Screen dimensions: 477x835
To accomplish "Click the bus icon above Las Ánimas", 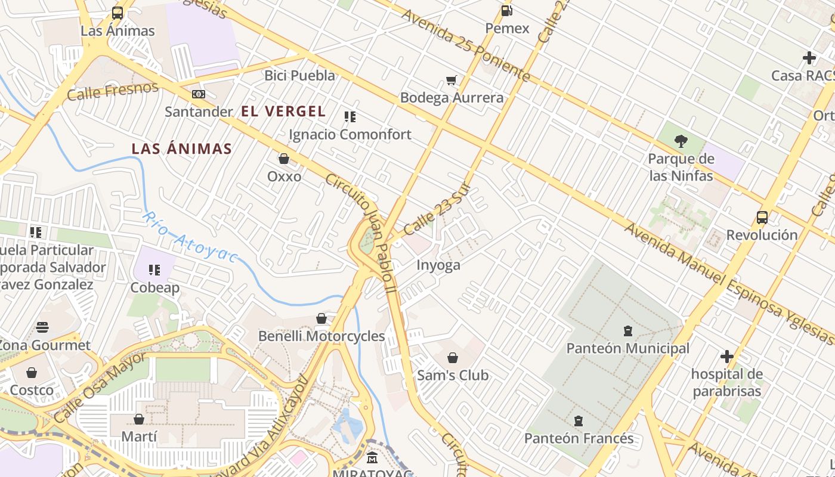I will (117, 13).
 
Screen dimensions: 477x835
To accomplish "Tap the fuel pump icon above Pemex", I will (507, 10).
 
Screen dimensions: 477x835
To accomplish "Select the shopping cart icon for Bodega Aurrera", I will (451, 80).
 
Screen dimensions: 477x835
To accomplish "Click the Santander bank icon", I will (199, 94).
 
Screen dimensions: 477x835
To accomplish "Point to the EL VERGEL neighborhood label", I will (283, 111).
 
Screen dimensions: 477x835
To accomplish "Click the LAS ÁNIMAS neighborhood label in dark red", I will (181, 148).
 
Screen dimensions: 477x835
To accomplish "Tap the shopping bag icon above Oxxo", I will (284, 159).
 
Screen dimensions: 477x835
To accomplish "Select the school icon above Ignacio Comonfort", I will (350, 117).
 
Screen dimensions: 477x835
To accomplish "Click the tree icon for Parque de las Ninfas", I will (681, 141).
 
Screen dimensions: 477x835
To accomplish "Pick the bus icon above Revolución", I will (762, 217).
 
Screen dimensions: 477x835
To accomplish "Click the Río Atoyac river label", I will (190, 237).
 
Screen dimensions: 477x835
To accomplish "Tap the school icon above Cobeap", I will (155, 270).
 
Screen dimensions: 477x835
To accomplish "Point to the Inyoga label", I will (438, 265).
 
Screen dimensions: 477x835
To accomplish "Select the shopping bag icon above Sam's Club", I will (453, 358).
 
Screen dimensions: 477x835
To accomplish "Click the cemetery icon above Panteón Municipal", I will (627, 330).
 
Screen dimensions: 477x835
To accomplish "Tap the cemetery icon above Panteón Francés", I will (578, 421).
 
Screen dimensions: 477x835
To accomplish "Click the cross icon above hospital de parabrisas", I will (726, 357).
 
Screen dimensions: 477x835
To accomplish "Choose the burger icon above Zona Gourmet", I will (42, 327).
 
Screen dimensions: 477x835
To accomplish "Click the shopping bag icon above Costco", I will (32, 373).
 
